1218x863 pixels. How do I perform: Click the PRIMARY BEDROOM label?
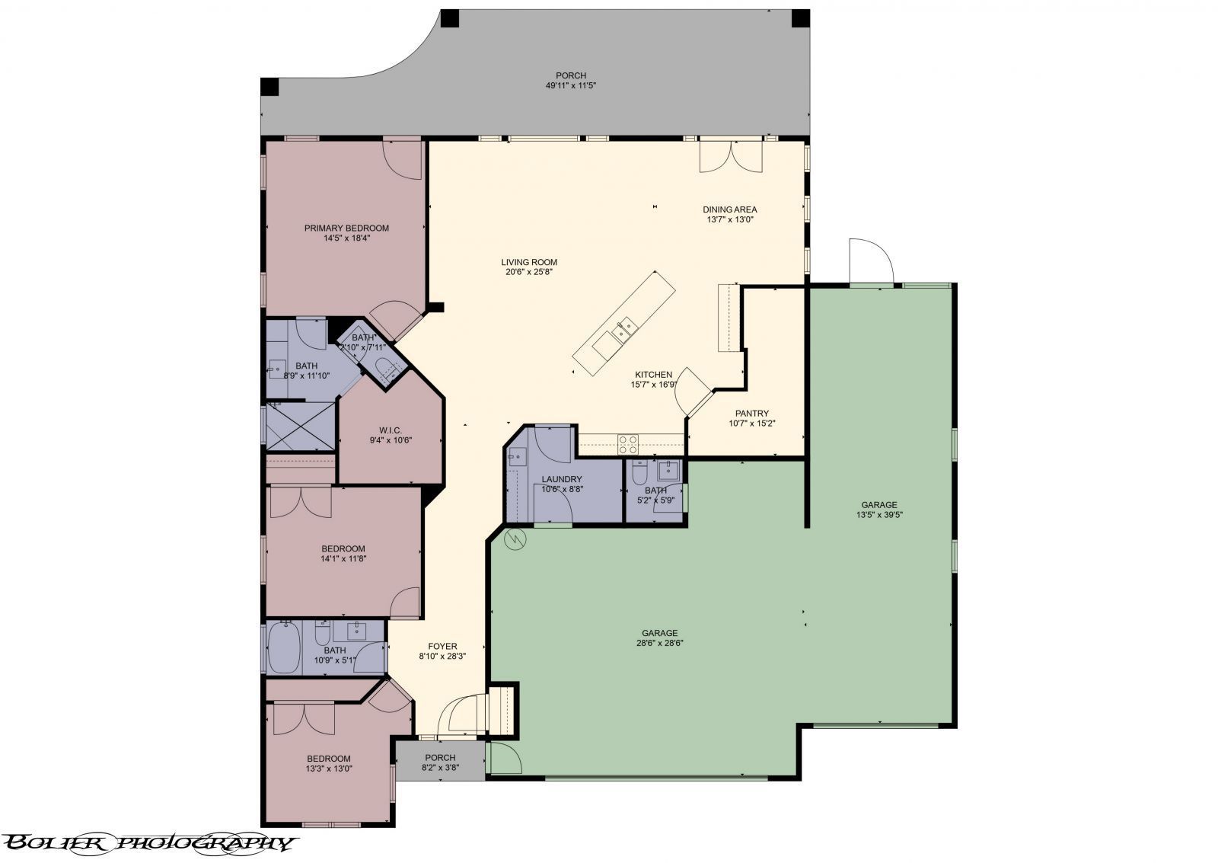point(346,228)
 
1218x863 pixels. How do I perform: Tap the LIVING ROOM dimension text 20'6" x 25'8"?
point(529,272)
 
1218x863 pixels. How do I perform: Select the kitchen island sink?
point(625,330)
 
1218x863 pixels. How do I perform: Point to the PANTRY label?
point(751,414)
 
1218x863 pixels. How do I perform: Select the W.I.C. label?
point(391,430)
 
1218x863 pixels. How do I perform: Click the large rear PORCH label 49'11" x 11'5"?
point(570,75)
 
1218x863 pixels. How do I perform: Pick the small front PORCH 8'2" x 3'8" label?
point(440,757)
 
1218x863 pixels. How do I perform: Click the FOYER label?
point(442,646)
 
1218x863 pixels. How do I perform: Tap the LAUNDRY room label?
point(562,479)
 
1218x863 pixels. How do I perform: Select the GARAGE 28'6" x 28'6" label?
point(659,633)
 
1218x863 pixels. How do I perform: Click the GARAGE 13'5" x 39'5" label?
point(879,504)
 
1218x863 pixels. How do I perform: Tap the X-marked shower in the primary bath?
point(300,427)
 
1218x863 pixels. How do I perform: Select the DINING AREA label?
point(730,209)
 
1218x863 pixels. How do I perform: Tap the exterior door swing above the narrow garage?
point(869,261)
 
